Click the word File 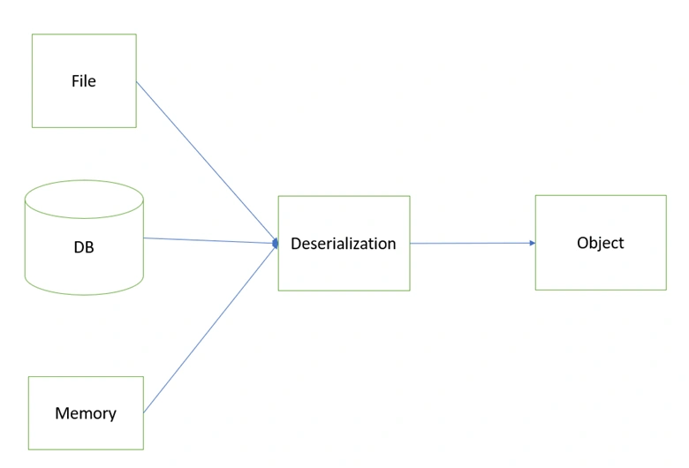[84, 81]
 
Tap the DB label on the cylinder [84, 247]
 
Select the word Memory [86, 413]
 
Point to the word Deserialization [344, 244]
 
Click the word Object [601, 243]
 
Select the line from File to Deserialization [207, 162]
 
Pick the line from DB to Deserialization [210, 240]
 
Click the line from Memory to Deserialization [210, 328]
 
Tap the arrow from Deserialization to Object [473, 243]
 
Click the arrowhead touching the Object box [533, 243]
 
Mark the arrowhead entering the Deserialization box [275, 243]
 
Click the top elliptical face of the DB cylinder [84, 199]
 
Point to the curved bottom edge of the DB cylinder [84, 294]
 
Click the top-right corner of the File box [136, 34]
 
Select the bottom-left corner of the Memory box [28, 449]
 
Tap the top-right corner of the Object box [666, 195]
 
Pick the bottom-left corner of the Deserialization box [278, 291]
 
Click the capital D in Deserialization [296, 244]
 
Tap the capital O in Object [583, 243]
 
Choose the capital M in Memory [62, 413]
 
